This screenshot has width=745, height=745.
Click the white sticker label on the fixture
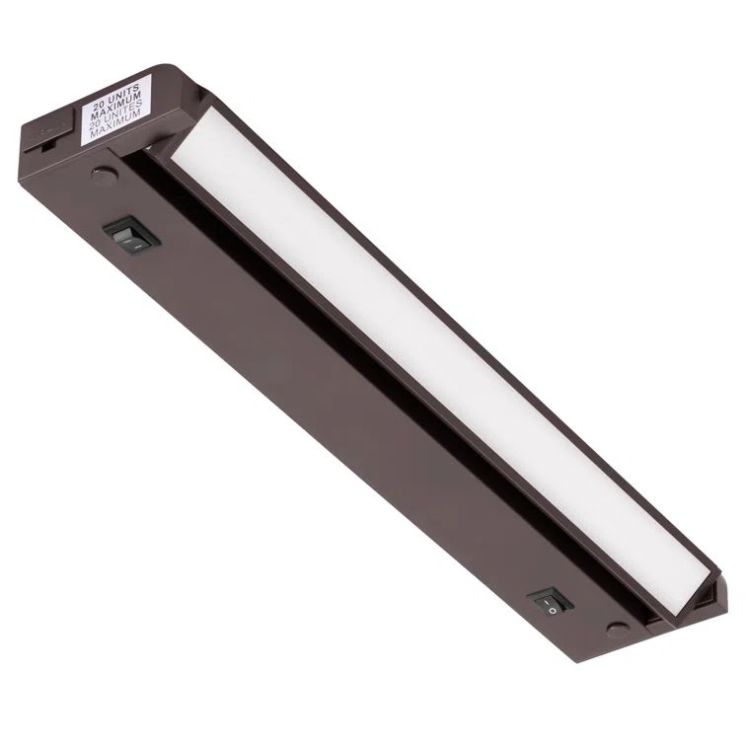tap(115, 109)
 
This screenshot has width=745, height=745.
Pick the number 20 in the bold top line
tap(98, 100)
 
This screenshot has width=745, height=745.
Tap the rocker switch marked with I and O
tap(549, 602)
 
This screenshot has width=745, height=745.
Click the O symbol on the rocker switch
tap(554, 609)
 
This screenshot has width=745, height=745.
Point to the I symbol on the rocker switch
tap(544, 596)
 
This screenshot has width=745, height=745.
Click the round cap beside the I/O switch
tap(617, 629)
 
